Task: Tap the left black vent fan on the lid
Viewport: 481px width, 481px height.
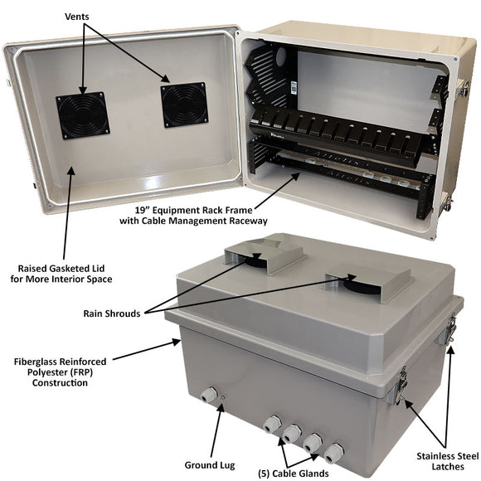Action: (82, 116)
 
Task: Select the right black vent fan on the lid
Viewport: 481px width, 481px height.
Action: (184, 104)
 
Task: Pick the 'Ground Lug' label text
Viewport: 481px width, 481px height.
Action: (210, 464)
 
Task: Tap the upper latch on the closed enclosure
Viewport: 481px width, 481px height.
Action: (453, 330)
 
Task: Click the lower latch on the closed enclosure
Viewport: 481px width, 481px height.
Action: (401, 386)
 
